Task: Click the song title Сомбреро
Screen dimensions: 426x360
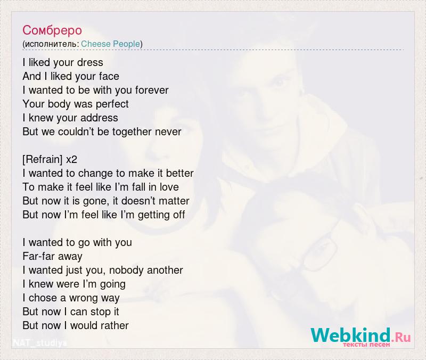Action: point(52,30)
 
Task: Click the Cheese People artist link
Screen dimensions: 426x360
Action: point(110,44)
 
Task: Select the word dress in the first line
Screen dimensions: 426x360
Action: point(90,62)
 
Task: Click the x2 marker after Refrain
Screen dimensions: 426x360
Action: point(71,160)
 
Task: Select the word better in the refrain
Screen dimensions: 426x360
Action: point(179,174)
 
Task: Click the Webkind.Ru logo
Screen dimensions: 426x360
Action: point(361,337)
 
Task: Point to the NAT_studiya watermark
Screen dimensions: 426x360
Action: point(39,343)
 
